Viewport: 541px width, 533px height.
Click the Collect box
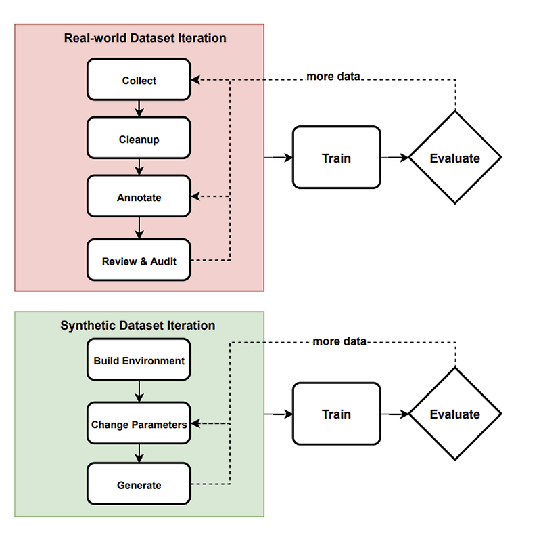point(139,81)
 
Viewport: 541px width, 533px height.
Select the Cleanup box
point(139,140)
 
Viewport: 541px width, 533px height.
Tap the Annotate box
point(139,198)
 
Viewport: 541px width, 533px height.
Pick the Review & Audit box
point(139,261)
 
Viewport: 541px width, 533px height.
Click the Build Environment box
point(139,361)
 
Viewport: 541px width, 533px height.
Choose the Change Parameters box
point(139,425)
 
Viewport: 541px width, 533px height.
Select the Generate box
point(139,485)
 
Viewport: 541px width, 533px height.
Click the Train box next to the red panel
point(336,158)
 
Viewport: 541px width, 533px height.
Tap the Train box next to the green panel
point(336,414)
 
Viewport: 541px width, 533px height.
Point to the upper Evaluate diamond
point(454,158)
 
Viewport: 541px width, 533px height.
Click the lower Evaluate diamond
point(454,414)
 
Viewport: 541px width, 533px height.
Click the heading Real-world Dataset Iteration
point(145,38)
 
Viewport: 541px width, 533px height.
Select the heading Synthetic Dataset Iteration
point(138,326)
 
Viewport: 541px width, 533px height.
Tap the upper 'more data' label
point(333,76)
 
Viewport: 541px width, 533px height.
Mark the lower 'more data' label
point(339,341)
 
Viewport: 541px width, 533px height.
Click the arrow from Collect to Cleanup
point(139,109)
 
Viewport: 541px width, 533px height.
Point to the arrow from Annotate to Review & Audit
point(139,228)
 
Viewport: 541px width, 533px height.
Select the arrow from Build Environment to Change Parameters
point(139,391)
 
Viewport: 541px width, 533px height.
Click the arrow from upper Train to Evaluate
point(395,158)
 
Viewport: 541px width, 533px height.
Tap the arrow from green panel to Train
point(278,414)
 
